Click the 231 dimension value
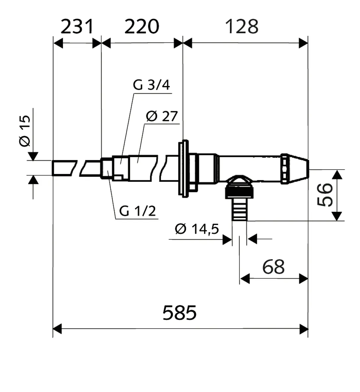pos(77,27)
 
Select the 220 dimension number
pos(142,27)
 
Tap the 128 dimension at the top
pos(242,27)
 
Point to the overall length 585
pos(180,312)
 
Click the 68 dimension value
pos(273,267)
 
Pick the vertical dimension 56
pos(325,195)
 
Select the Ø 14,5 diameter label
pos(197,229)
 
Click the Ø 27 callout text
pos(162,116)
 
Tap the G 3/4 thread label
pos(151,85)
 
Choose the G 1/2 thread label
pos(137,211)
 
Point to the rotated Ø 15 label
pos(25,131)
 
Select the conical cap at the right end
pos(295,169)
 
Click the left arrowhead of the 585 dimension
pos(57,329)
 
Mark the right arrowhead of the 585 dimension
pos(304,329)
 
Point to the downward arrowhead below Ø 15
pos(33,156)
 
